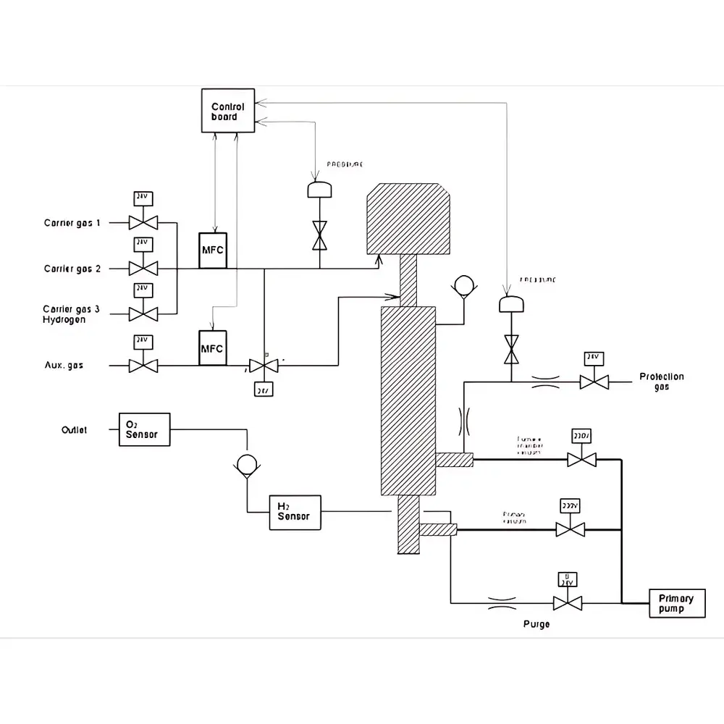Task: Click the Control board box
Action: click(x=228, y=111)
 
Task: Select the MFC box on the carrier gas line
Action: click(x=213, y=251)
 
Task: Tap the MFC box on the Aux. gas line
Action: click(x=213, y=348)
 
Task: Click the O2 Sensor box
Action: click(x=144, y=429)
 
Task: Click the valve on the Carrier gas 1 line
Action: click(x=143, y=222)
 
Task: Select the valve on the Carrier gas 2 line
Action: click(x=143, y=268)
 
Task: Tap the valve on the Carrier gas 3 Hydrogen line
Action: click(x=143, y=313)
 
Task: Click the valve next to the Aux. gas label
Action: click(x=143, y=365)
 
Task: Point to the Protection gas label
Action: click(x=661, y=382)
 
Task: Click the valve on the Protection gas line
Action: click(x=594, y=382)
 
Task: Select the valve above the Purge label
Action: click(x=567, y=602)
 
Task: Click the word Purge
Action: click(x=536, y=623)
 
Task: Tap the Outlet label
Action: click(x=75, y=430)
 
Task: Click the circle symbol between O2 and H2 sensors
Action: click(x=247, y=464)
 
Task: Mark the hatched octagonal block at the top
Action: click(x=410, y=219)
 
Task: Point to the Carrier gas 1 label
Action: click(x=72, y=223)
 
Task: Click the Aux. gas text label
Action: click(x=64, y=366)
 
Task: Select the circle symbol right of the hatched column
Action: click(x=461, y=285)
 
